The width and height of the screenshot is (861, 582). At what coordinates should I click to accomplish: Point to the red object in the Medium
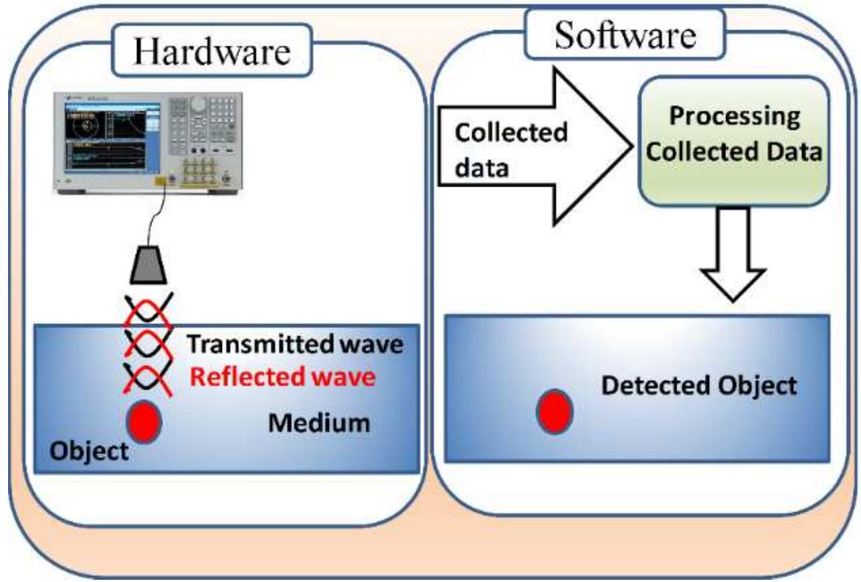144,421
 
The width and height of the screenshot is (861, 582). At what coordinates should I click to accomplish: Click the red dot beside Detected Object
553,410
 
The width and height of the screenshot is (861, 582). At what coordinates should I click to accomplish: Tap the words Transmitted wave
294,344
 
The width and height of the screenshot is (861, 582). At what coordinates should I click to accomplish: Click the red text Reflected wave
282,378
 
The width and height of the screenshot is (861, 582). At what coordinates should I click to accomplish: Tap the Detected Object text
699,385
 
